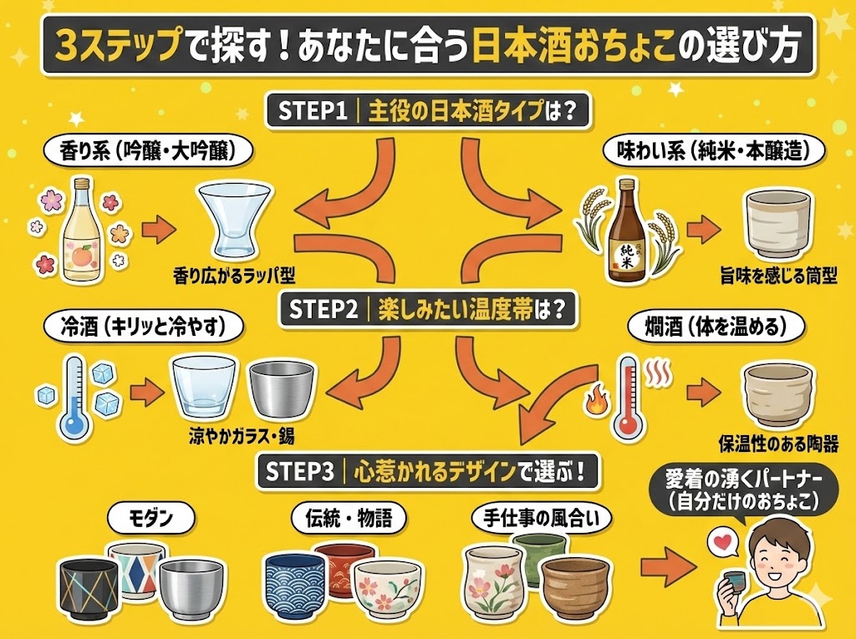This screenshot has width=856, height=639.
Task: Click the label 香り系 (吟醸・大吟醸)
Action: (x=145, y=151)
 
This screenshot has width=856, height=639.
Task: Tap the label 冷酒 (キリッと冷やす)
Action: (x=143, y=327)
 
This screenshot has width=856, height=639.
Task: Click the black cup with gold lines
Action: (x=89, y=591)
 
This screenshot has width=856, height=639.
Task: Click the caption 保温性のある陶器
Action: (x=777, y=443)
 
